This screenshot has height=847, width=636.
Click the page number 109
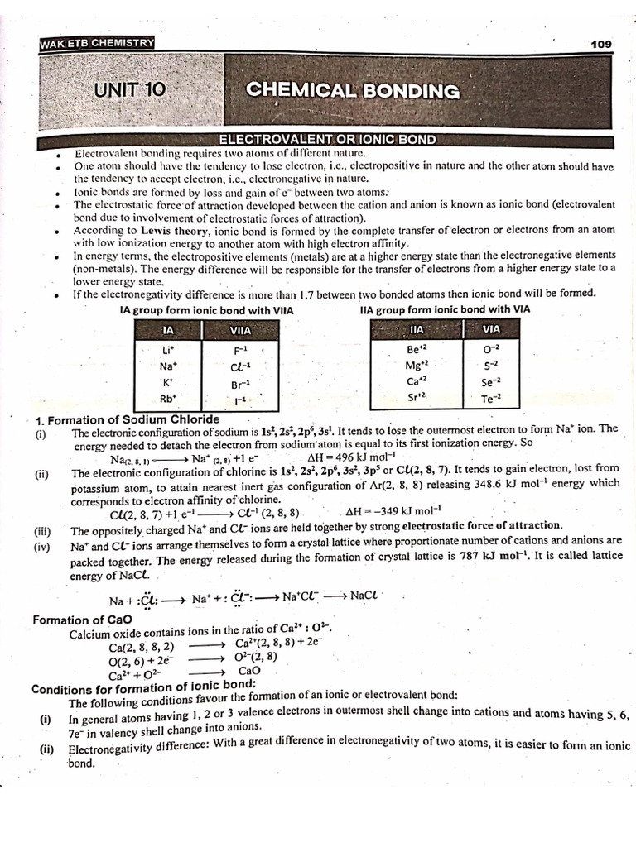600,43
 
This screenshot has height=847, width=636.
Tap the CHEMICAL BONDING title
352,91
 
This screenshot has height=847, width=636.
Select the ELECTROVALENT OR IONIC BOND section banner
326,141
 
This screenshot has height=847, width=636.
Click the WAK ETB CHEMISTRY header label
96,43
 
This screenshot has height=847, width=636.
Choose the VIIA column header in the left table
240,331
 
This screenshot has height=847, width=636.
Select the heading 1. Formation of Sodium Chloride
127,419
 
